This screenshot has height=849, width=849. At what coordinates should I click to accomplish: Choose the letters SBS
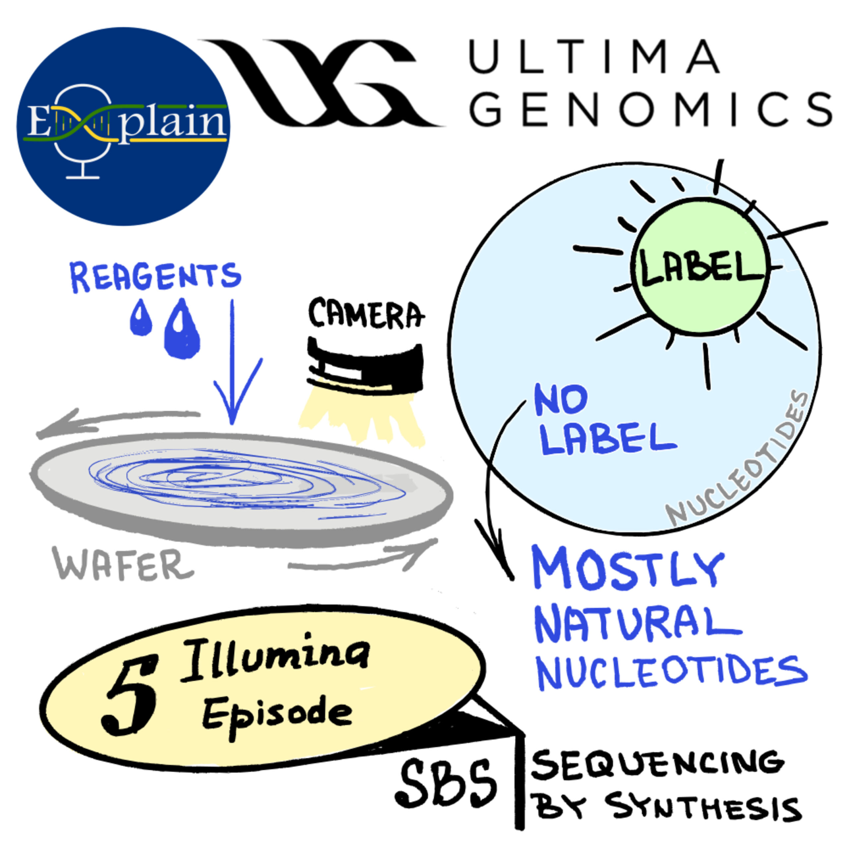(x=446, y=784)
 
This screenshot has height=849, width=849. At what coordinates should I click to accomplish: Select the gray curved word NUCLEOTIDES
(x=738, y=459)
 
